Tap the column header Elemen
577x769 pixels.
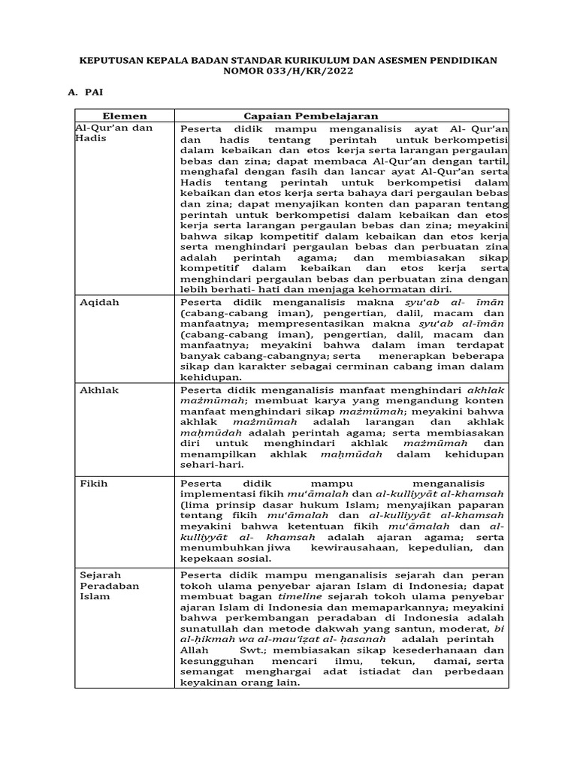click(124, 116)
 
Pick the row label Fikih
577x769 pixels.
click(94, 484)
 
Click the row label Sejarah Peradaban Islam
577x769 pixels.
click(110, 586)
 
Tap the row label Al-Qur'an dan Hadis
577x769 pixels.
click(113, 134)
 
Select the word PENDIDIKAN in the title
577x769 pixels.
click(461, 59)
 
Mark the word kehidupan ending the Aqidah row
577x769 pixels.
click(210, 377)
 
